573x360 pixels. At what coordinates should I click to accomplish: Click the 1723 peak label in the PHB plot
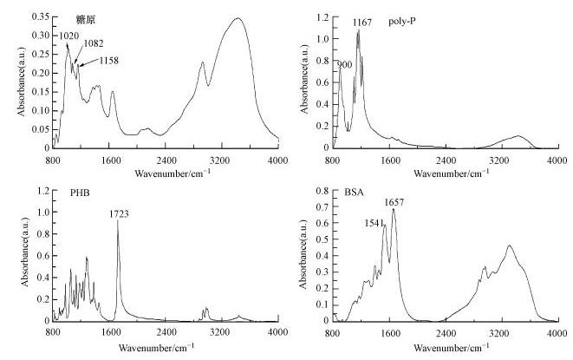point(119,213)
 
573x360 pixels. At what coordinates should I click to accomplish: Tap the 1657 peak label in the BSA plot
point(395,202)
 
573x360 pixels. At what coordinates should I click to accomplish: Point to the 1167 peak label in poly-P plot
point(362,23)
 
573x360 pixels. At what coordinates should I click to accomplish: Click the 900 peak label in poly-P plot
point(344,63)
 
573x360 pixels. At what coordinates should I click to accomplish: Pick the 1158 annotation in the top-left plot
point(107,61)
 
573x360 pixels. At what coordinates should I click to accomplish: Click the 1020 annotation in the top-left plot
point(70,36)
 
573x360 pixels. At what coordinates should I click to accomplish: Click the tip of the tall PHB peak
point(118,220)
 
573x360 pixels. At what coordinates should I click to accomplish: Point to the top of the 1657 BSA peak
point(394,209)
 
